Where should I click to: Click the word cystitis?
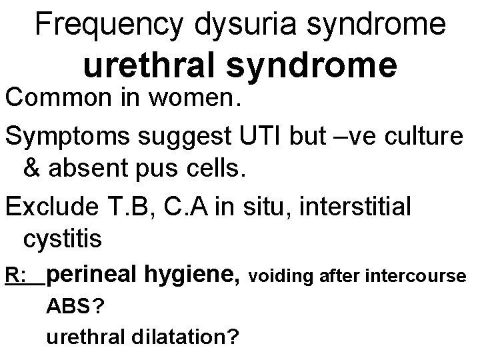(x=63, y=238)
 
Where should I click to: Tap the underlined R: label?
(x=15, y=275)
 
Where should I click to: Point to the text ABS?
(x=74, y=307)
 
